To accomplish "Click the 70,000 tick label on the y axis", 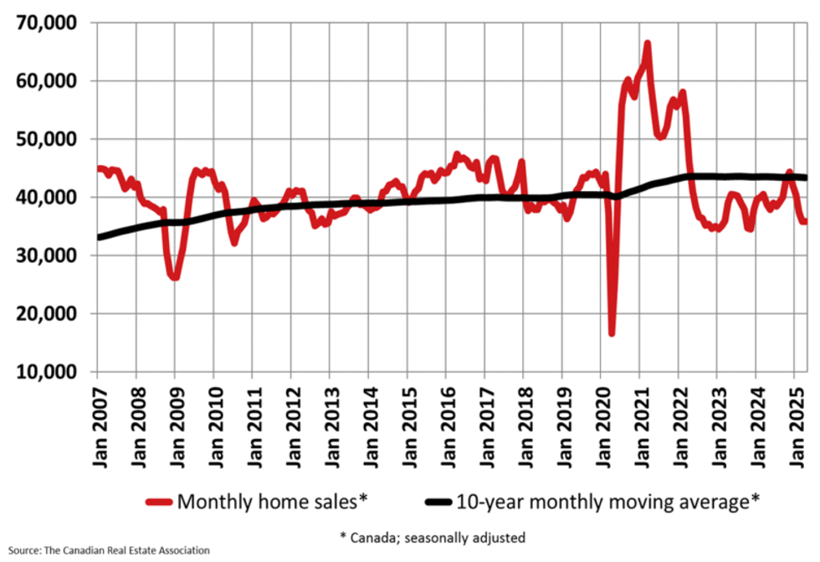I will [45, 23].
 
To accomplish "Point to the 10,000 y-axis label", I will [45, 372].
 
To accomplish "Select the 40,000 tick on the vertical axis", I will [45, 198].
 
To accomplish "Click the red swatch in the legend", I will [160, 503].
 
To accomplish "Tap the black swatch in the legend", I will [438, 503].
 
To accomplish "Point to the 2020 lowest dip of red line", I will [612, 333].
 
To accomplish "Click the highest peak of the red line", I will [647, 43].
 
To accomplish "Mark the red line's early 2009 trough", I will [174, 277].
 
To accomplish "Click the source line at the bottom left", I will [105, 550].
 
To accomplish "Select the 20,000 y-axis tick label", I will [45, 314].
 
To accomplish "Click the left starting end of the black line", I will [99, 237].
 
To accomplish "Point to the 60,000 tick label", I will [45, 81].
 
